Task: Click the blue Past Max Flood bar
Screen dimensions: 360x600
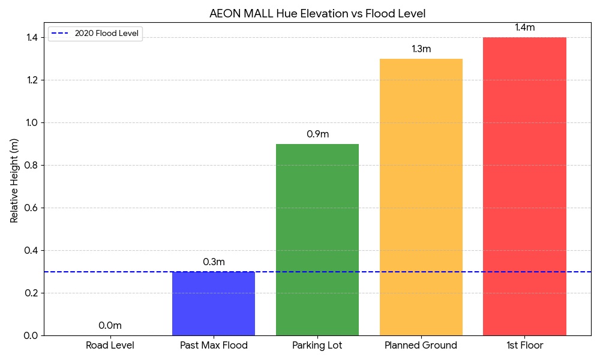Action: [x=214, y=304]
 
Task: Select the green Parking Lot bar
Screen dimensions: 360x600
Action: [x=317, y=240]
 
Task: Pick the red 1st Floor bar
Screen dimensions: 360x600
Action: [x=524, y=186]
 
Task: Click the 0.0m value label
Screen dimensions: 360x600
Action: [x=110, y=326]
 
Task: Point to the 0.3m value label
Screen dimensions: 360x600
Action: [x=214, y=262]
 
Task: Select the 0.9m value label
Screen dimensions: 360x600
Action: [x=317, y=134]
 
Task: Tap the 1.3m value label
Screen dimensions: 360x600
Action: [x=421, y=49]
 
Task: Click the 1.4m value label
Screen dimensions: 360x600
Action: [x=524, y=28]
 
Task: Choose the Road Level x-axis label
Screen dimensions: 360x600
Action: [x=110, y=346]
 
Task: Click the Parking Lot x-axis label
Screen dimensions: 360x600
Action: [x=317, y=346]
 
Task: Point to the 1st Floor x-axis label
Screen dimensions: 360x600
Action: [x=524, y=346]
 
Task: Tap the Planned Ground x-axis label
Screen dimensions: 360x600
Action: [x=421, y=346]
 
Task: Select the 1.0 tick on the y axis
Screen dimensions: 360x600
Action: [x=31, y=123]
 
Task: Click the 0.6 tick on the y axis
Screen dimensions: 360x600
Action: [x=31, y=208]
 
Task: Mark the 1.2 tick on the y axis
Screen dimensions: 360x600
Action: [x=31, y=80]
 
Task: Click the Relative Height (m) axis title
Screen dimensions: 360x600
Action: [x=15, y=181]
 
